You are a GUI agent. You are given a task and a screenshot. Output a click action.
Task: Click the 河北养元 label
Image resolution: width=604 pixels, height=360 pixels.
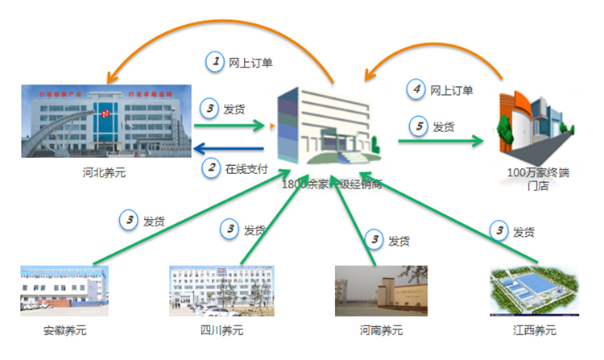pyautogui.click(x=104, y=172)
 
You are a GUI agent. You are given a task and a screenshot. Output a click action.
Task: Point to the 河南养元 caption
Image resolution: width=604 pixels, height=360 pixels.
pyautogui.click(x=381, y=330)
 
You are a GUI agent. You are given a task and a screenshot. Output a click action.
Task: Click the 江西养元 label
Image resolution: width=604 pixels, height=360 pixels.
pyautogui.click(x=533, y=330)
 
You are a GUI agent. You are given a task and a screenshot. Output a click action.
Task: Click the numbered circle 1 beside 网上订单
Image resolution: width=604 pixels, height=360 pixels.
pyautogui.click(x=214, y=60)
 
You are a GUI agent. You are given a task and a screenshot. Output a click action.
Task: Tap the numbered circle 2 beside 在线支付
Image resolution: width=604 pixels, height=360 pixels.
pyautogui.click(x=210, y=168)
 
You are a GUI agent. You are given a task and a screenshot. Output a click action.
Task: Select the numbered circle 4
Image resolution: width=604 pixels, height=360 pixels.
pyautogui.click(x=416, y=90)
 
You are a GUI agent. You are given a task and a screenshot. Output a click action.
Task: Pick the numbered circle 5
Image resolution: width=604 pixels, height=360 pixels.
pyautogui.click(x=416, y=126)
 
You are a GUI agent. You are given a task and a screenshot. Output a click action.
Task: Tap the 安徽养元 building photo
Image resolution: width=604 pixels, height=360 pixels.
pyautogui.click(x=64, y=288)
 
